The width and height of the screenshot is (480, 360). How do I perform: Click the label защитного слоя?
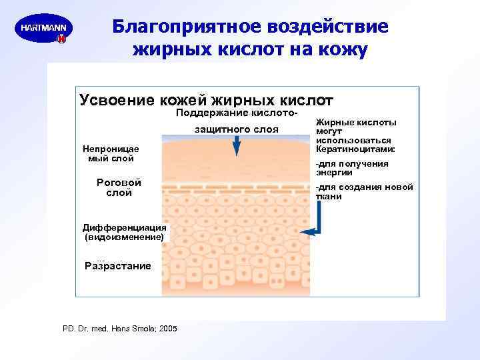tap(236, 129)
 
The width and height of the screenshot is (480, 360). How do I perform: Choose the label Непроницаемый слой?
tap(111, 153)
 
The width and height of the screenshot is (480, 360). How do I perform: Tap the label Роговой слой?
tap(119, 187)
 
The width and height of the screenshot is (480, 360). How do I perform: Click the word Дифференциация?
tap(124, 227)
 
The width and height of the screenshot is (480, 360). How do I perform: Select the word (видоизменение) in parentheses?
tap(124, 237)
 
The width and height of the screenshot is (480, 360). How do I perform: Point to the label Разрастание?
tap(118, 266)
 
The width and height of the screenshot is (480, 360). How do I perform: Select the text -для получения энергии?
tap(352, 168)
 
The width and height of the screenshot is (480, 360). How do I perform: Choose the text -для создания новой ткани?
tap(364, 191)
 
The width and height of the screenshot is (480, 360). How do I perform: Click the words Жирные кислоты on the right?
tap(356, 123)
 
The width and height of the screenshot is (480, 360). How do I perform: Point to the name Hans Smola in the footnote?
tap(137, 329)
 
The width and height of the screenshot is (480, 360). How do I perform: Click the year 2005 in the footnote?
tap(168, 329)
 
